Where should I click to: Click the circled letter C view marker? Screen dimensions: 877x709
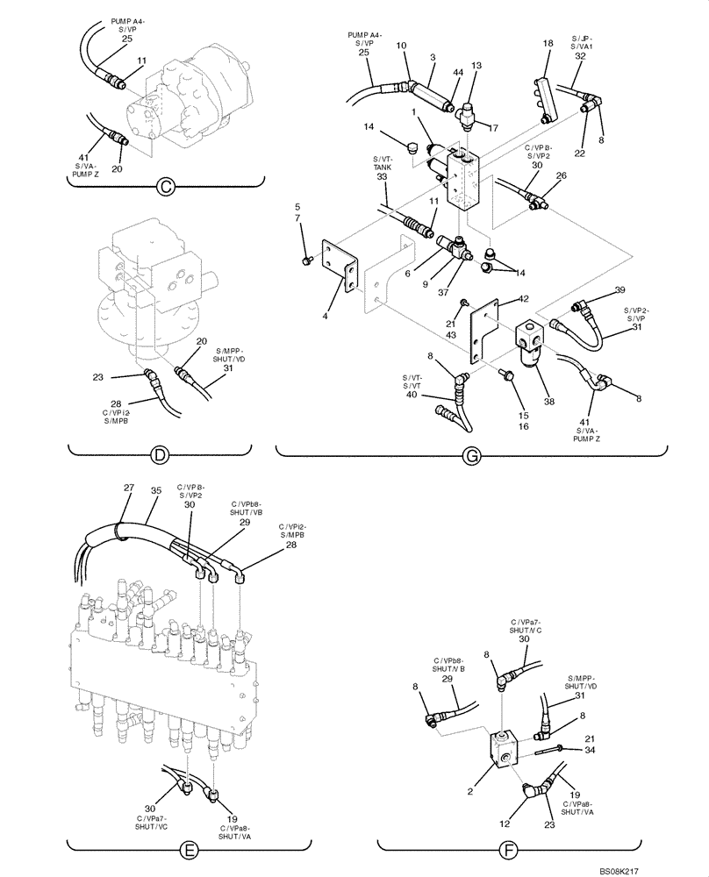coord(164,185)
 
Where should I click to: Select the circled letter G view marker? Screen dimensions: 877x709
coord(471,455)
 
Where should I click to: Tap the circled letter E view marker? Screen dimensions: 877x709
coord(188,848)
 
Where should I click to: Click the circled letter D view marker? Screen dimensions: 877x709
coord(159,455)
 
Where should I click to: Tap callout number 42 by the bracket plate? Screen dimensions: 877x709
coord(498,300)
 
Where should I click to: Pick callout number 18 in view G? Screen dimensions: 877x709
coord(548,43)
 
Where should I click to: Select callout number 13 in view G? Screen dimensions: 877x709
coord(476,65)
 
